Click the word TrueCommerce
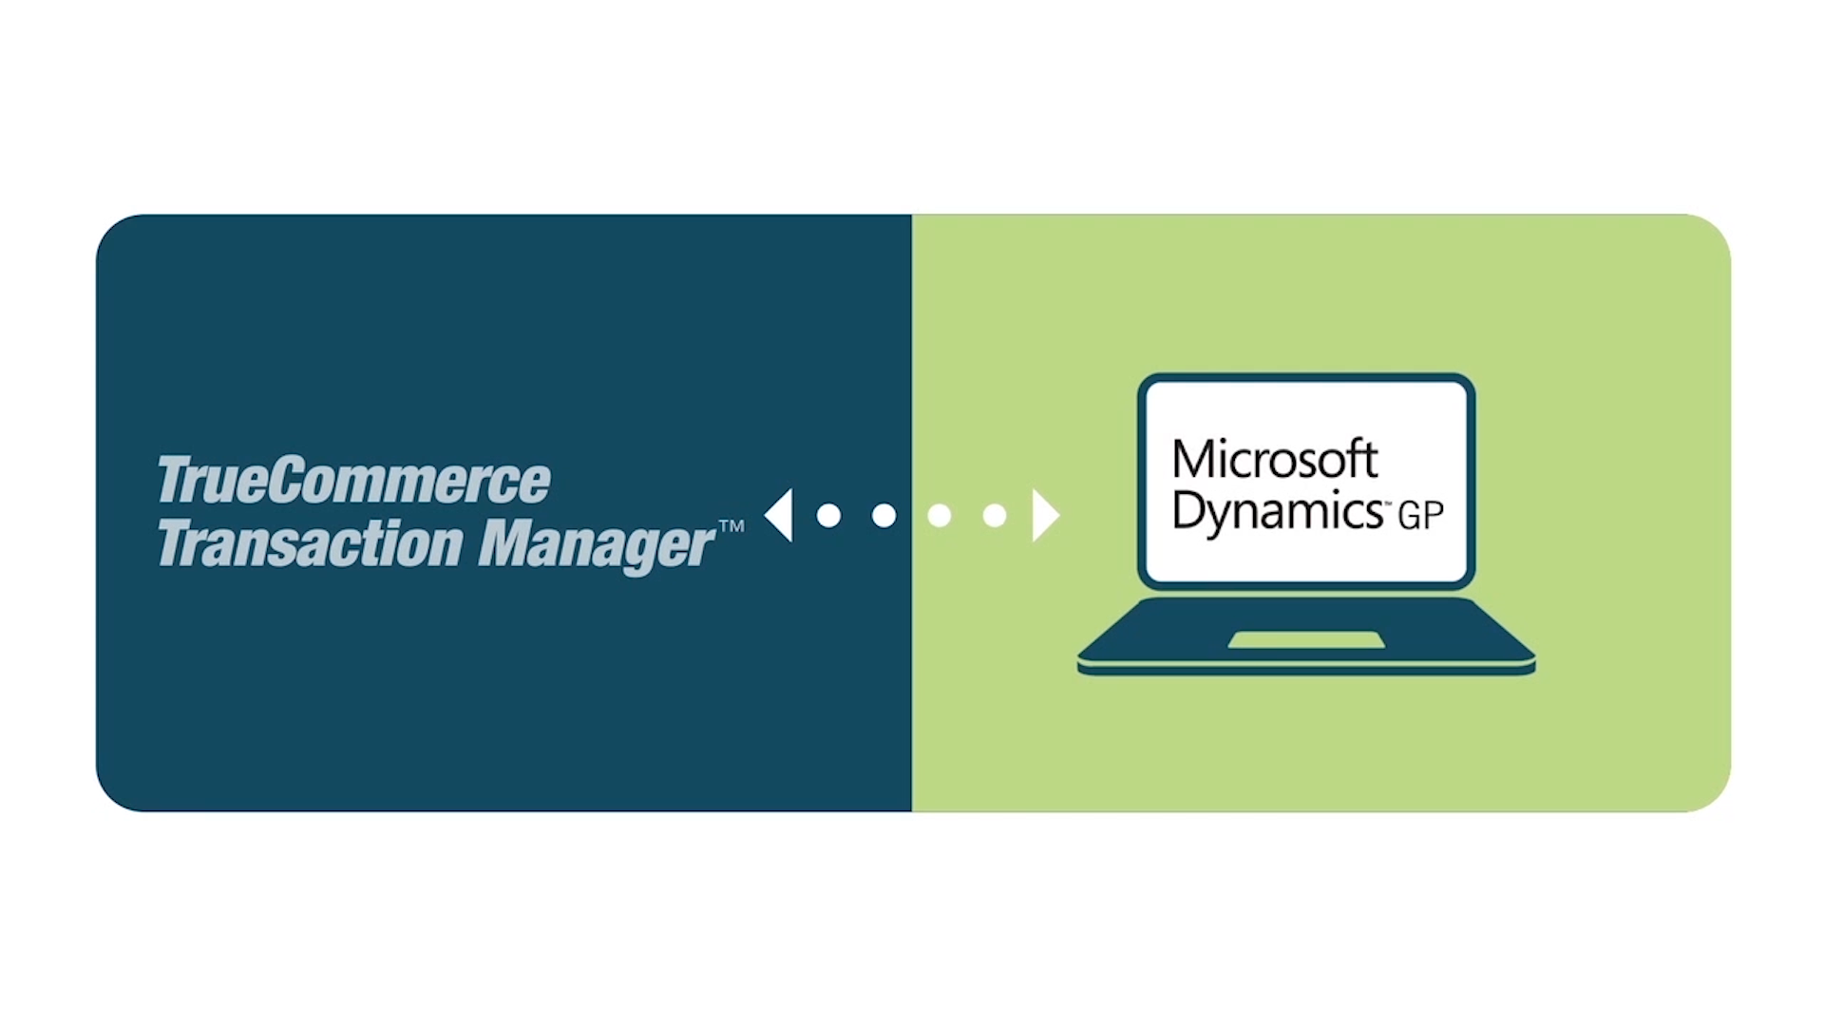(x=353, y=480)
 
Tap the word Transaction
(x=310, y=543)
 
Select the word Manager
(x=595, y=545)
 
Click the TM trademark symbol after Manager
(x=731, y=525)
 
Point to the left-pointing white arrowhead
(x=779, y=515)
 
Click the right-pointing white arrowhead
(x=1045, y=515)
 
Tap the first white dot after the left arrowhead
(x=828, y=515)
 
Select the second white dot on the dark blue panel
(x=883, y=515)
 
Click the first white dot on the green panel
(x=940, y=515)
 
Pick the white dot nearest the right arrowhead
(x=995, y=515)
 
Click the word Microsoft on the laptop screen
(x=1275, y=460)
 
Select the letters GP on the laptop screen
(x=1421, y=515)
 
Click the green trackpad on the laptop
(x=1306, y=640)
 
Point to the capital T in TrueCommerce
(x=177, y=480)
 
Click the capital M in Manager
(x=507, y=543)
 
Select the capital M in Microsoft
(x=1195, y=460)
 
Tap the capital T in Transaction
(x=177, y=543)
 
